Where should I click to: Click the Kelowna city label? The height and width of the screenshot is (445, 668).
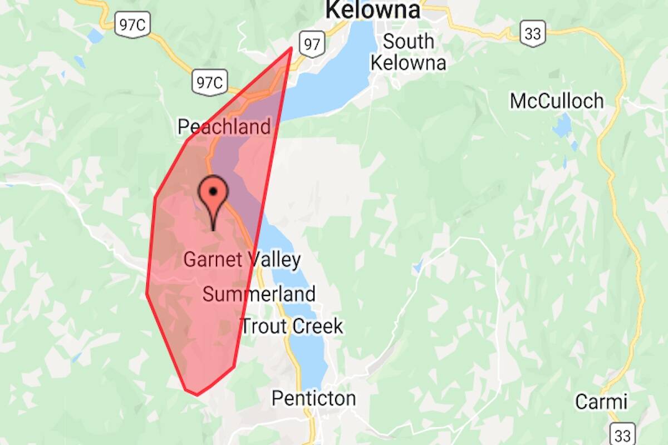click(x=372, y=10)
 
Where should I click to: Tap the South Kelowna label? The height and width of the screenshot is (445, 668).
click(x=408, y=52)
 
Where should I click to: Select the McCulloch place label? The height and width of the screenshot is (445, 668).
click(x=556, y=101)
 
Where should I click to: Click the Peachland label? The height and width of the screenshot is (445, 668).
click(x=224, y=127)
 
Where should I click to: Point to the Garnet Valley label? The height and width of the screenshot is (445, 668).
click(x=242, y=260)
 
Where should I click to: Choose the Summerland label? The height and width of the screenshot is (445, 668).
click(x=259, y=294)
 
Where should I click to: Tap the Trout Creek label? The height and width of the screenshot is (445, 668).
click(x=292, y=326)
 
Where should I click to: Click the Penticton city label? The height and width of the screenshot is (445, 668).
click(x=313, y=398)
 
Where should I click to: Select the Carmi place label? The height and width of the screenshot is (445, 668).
click(x=601, y=402)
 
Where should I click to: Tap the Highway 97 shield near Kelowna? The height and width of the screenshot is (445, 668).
click(x=312, y=44)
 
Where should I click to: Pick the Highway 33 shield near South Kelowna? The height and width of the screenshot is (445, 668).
click(x=533, y=34)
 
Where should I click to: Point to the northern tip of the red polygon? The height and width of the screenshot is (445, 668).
click(x=291, y=48)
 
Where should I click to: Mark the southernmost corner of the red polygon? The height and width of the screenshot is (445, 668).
click(x=197, y=395)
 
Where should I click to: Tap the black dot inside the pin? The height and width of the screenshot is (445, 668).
click(x=213, y=191)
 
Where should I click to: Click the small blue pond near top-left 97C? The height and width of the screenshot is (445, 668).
click(x=95, y=36)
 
